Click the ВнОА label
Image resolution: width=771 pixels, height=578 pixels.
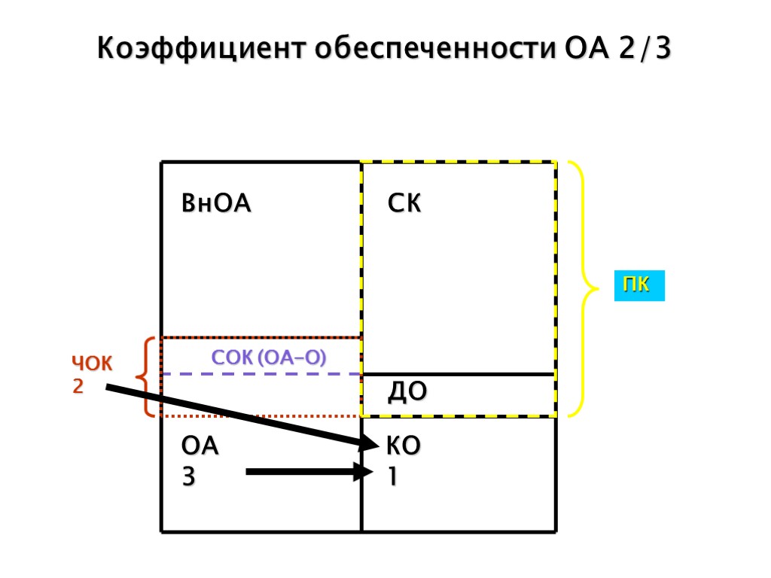(216, 204)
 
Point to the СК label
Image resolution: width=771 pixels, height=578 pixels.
(404, 204)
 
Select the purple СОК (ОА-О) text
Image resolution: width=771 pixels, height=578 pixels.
(269, 357)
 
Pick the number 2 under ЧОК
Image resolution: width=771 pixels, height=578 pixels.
(78, 387)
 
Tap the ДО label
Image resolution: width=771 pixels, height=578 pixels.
(407, 391)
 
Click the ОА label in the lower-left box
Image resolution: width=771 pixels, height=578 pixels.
(200, 446)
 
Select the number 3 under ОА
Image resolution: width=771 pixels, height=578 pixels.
(188, 476)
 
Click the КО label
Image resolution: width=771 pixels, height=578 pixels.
(403, 446)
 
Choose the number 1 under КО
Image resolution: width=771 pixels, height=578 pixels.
(392, 476)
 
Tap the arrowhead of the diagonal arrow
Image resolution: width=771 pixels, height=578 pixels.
(369, 444)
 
